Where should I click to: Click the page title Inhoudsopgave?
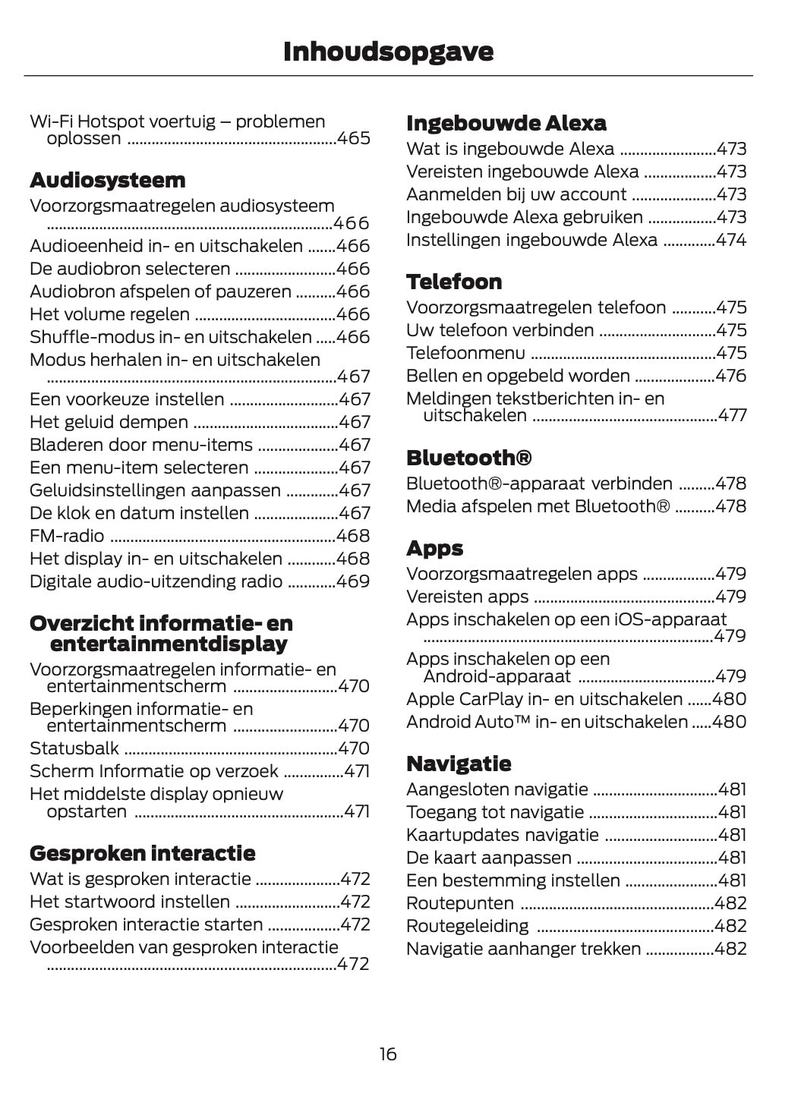(388, 52)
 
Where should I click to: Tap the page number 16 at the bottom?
(388, 1054)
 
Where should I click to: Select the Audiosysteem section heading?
(107, 181)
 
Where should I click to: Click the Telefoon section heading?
(454, 282)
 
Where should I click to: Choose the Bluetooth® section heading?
(468, 458)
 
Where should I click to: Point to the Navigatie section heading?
(459, 764)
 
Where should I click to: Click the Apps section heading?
(434, 549)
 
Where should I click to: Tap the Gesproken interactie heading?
(142, 854)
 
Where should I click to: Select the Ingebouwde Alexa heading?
(506, 124)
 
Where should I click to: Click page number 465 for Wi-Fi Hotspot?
(354, 139)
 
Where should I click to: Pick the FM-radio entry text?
(67, 537)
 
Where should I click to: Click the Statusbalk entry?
(74, 749)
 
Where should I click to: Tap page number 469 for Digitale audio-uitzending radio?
(353, 582)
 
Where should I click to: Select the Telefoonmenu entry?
(465, 354)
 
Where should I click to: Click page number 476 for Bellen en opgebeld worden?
(731, 376)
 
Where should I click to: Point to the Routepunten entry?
(460, 904)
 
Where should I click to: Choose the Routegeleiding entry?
(468, 927)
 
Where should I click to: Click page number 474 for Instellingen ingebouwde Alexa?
(731, 241)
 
